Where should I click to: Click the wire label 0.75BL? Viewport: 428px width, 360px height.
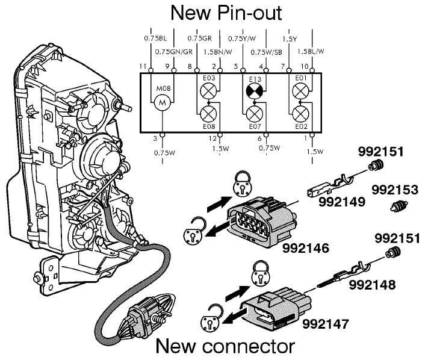pyautogui.click(x=156, y=37)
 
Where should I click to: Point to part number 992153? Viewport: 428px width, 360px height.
pyautogui.click(x=394, y=190)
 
